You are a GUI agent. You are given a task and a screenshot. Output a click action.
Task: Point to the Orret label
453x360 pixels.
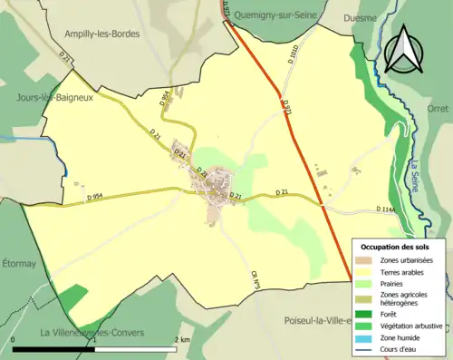438,106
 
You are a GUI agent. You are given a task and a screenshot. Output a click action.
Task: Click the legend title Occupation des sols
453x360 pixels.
395,247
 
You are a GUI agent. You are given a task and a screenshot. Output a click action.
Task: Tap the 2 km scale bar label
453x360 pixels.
183,338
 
